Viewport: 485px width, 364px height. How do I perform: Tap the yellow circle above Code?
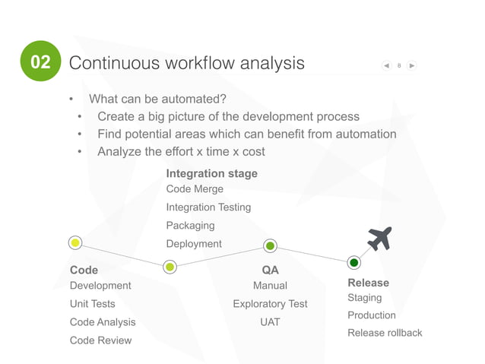click(x=75, y=243)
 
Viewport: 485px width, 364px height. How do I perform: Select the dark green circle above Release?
click(x=353, y=263)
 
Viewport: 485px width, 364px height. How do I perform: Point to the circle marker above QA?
click(x=270, y=245)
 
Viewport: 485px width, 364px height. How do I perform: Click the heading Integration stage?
click(x=211, y=173)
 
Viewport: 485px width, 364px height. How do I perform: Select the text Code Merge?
click(x=195, y=189)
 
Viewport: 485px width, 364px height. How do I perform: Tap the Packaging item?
click(x=190, y=226)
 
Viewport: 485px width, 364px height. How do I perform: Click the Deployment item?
click(x=194, y=244)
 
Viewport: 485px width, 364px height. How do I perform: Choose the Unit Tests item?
click(x=93, y=304)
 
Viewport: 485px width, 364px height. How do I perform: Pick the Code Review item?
click(x=100, y=340)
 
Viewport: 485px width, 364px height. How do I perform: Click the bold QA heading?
click(x=270, y=270)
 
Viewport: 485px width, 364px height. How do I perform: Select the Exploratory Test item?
click(x=270, y=304)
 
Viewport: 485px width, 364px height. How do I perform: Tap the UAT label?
click(x=270, y=322)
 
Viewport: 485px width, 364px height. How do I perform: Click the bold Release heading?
click(x=368, y=283)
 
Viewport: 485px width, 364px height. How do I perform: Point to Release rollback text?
click(x=385, y=333)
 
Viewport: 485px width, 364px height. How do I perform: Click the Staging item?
click(x=365, y=298)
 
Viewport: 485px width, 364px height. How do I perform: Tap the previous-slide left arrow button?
click(x=387, y=65)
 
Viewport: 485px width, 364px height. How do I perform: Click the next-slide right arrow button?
click(x=411, y=65)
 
